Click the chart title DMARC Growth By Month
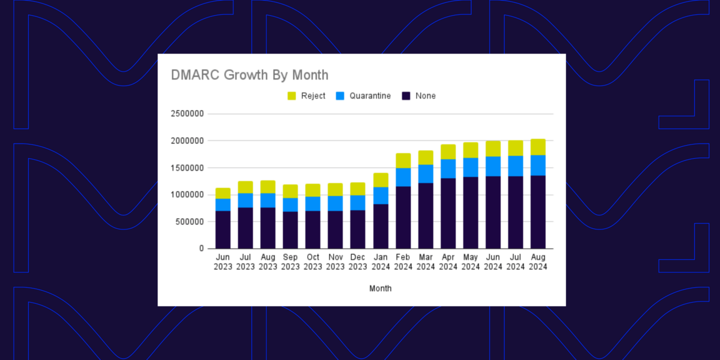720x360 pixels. point(250,75)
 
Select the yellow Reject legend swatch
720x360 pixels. point(291,96)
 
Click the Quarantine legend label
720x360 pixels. point(370,96)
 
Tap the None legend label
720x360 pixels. point(425,96)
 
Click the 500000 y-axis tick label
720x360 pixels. point(188,222)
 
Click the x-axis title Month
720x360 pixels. point(380,289)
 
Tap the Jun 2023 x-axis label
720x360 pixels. point(223,262)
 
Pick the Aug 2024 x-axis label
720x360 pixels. point(538,262)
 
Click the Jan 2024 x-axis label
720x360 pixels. point(380,262)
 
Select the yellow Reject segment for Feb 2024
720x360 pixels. point(403,160)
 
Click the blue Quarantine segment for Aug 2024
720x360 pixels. point(538,165)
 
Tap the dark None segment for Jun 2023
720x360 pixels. point(223,229)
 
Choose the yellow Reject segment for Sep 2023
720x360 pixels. point(290,191)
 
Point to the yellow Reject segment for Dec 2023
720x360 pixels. point(358,189)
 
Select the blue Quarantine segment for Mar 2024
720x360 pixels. point(425,174)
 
